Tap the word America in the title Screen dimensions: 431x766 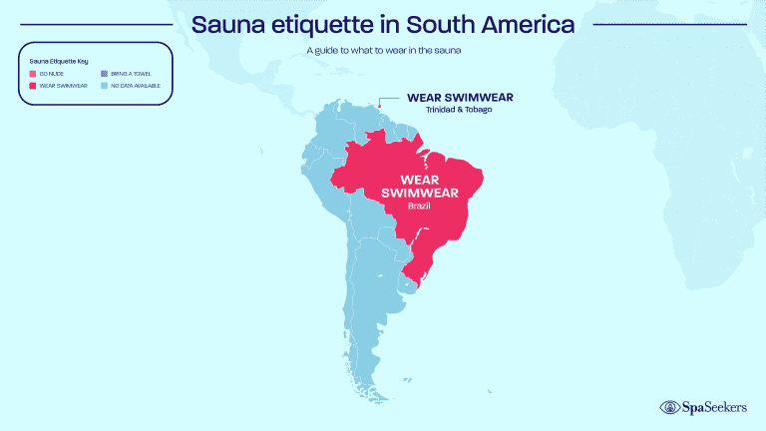point(524,24)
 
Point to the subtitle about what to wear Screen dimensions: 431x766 point(383,50)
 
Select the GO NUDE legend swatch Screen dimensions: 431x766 point(33,75)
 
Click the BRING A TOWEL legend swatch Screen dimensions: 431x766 point(103,75)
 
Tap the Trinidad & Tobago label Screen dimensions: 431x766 point(460,109)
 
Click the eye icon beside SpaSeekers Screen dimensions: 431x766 point(669,406)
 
